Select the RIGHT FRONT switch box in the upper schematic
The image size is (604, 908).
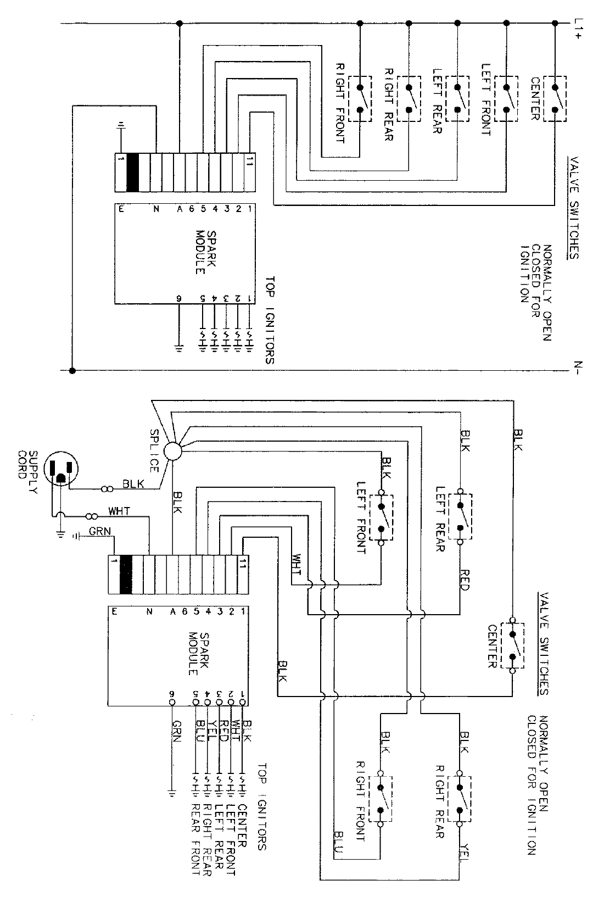click(x=360, y=98)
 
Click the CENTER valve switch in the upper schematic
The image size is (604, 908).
click(x=555, y=98)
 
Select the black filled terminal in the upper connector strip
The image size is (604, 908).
click(x=132, y=172)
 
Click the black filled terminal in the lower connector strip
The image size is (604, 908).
click(x=126, y=575)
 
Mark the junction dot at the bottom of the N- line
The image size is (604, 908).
click(x=72, y=371)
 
